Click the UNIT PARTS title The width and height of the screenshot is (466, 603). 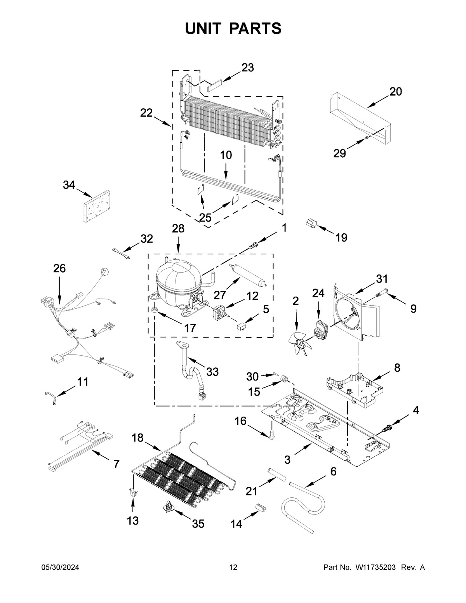[233, 28]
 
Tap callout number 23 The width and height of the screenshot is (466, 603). [247, 68]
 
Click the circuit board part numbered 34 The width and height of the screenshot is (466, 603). [96, 206]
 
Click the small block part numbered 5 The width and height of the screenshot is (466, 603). [242, 325]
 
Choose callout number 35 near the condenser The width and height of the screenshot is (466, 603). [198, 523]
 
